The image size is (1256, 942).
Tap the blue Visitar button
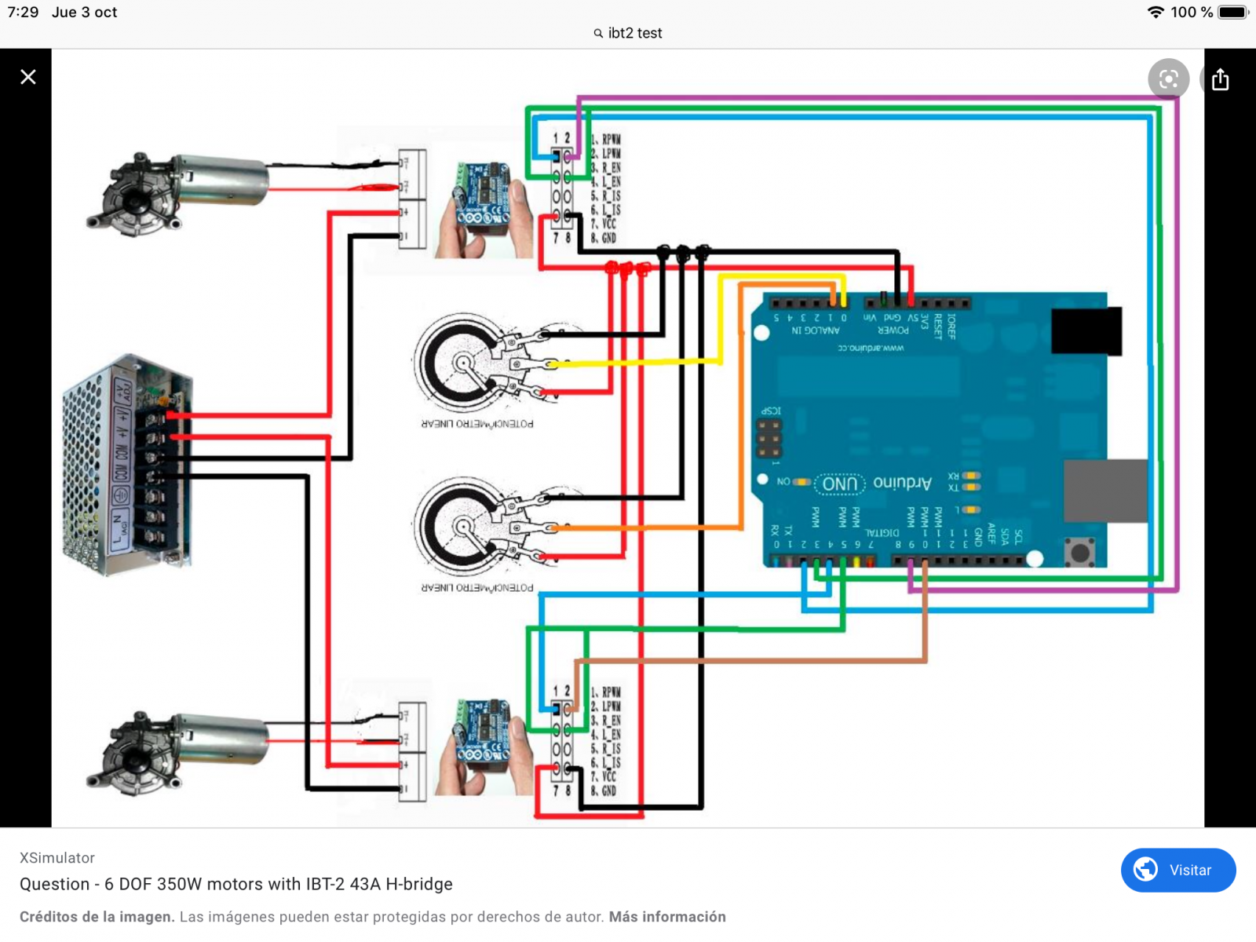tap(1178, 870)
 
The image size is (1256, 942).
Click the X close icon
tap(28, 77)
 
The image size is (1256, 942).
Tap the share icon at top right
tap(1220, 79)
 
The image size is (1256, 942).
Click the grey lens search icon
tap(1168, 79)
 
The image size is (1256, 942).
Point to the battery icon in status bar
tap(1233, 13)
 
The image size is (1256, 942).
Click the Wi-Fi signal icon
tap(1156, 13)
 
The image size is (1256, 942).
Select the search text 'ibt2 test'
tap(634, 33)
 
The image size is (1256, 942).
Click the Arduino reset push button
tap(1080, 553)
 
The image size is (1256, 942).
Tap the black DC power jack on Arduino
tap(1086, 330)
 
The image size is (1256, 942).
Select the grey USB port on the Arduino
tap(1105, 491)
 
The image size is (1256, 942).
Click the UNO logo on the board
tap(840, 484)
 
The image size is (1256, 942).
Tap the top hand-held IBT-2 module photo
tap(484, 210)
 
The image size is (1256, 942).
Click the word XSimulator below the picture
tap(57, 858)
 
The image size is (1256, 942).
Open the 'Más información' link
tap(667, 917)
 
